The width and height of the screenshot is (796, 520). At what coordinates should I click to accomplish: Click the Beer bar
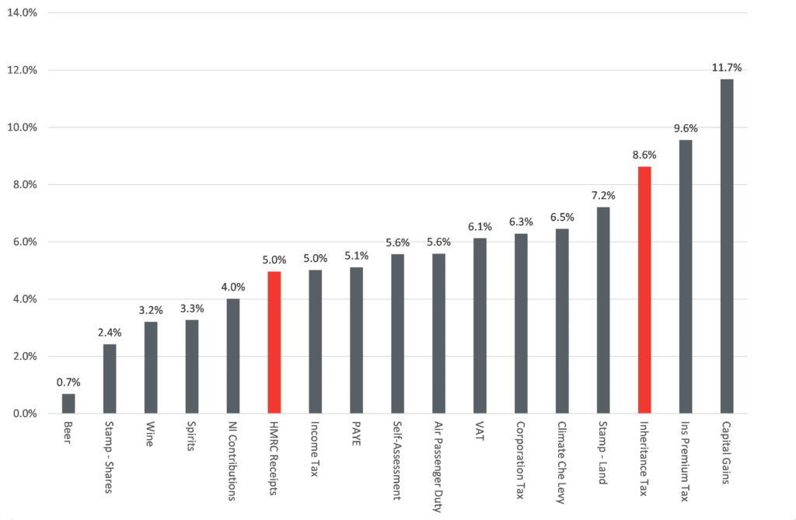[x=68, y=403]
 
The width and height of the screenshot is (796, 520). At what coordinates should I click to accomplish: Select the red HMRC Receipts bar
[x=274, y=342]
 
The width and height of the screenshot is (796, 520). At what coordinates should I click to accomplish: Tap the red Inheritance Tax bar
[x=644, y=290]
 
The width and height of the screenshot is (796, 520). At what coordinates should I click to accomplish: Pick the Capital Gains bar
[x=727, y=246]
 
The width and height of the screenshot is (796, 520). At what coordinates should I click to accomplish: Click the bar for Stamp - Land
[x=603, y=310]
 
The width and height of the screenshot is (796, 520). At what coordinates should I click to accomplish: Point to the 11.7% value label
[x=727, y=68]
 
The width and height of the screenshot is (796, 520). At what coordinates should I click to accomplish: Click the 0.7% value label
[x=68, y=382]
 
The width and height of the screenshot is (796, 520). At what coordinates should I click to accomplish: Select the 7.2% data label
[x=603, y=196]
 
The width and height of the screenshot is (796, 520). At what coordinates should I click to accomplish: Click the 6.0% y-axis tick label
[x=25, y=242]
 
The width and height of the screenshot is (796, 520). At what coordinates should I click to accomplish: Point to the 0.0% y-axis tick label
[x=25, y=414]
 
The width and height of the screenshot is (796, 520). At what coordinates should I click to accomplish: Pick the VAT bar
[x=480, y=326]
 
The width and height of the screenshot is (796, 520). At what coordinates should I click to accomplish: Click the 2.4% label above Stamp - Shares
[x=110, y=333]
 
